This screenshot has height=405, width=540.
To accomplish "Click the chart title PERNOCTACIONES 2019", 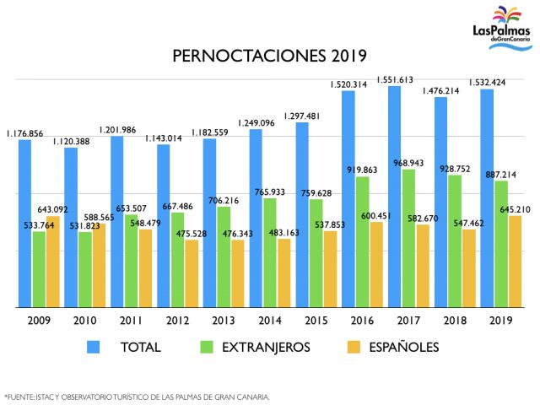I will point(269,57).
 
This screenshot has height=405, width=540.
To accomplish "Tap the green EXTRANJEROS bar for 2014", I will point(270,252).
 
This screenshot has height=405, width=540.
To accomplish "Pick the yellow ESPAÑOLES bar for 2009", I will point(53,262).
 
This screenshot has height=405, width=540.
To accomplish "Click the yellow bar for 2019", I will point(516,261).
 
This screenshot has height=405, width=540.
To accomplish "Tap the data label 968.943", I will point(408,163).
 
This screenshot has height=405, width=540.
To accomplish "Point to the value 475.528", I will point(192,233).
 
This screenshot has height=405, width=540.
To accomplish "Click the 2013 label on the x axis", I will point(223,321).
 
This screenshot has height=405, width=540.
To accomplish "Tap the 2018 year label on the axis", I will point(456,321).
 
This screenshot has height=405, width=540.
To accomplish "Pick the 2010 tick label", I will point(84,321).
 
